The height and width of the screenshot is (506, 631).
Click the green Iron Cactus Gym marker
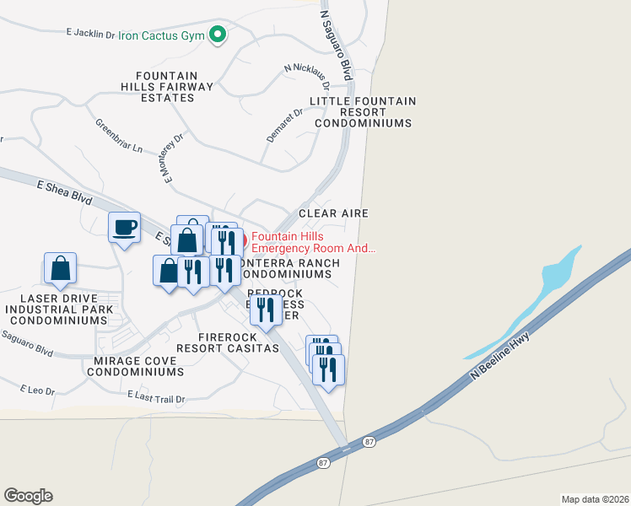click(218, 35)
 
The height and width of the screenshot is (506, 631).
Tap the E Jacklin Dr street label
click(89, 34)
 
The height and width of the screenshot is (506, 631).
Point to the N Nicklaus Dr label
click(307, 75)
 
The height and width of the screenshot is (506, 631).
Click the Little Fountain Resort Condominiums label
click(363, 112)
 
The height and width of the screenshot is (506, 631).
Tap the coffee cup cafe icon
click(125, 227)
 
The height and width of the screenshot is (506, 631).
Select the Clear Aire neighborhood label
click(333, 213)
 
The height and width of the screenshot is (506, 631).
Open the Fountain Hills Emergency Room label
click(312, 242)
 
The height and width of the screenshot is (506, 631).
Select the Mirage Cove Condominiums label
click(135, 366)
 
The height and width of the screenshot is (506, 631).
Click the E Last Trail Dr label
click(156, 396)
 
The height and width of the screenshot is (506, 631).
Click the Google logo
click(28, 496)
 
